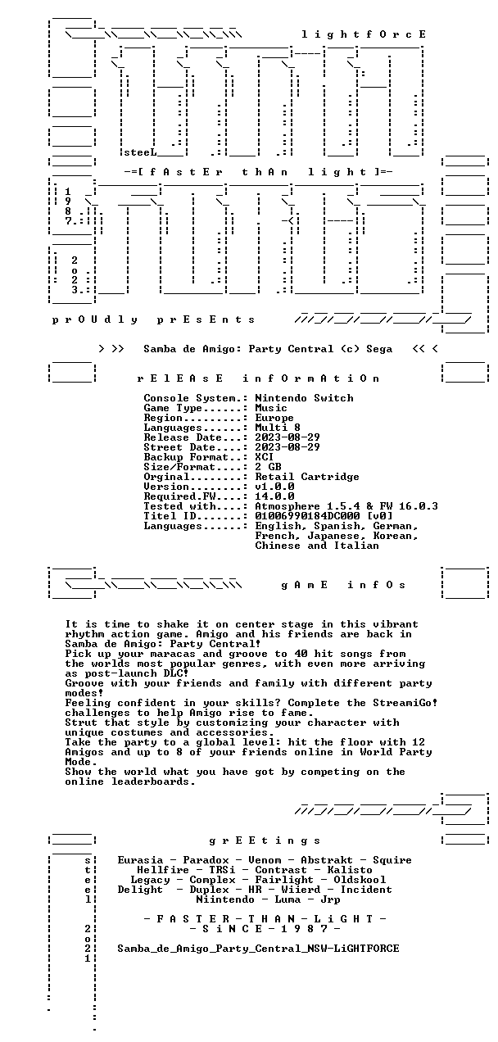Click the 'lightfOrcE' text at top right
click(364, 34)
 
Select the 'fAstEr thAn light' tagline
click(258, 172)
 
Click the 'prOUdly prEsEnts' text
click(153, 320)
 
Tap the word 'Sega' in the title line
click(379, 349)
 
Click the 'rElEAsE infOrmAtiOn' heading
click(258, 378)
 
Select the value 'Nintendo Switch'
click(304, 398)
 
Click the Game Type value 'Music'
click(271, 408)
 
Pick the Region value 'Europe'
click(274, 418)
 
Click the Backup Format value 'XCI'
click(265, 457)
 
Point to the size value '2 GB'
click(268, 467)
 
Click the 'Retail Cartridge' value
click(307, 477)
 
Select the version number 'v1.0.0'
click(274, 487)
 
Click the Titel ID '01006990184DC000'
click(307, 516)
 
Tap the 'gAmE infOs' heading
click(343, 585)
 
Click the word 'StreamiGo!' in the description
click(405, 703)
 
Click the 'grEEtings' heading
click(265, 840)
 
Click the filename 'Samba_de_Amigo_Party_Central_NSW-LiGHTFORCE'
click(258, 948)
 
